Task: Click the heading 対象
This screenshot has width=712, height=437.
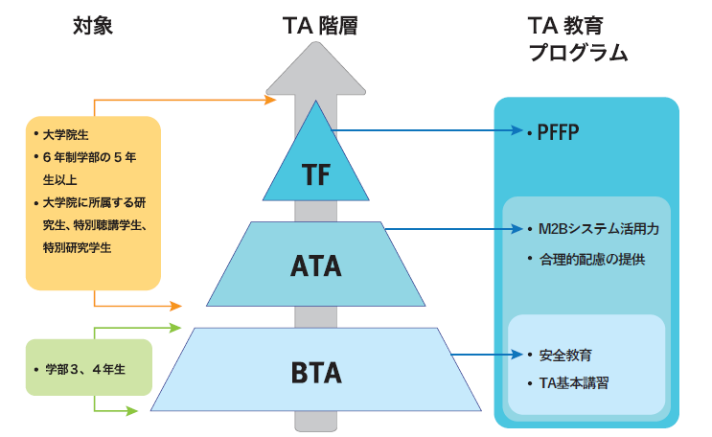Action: pos(93,26)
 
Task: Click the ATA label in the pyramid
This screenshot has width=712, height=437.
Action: pos(315,265)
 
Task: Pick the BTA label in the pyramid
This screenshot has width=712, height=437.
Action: pos(315,369)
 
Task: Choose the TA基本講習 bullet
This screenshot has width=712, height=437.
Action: pos(574,383)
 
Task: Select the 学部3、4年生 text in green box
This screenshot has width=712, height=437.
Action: pos(87,368)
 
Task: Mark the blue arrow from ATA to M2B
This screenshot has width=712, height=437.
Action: pos(450,230)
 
